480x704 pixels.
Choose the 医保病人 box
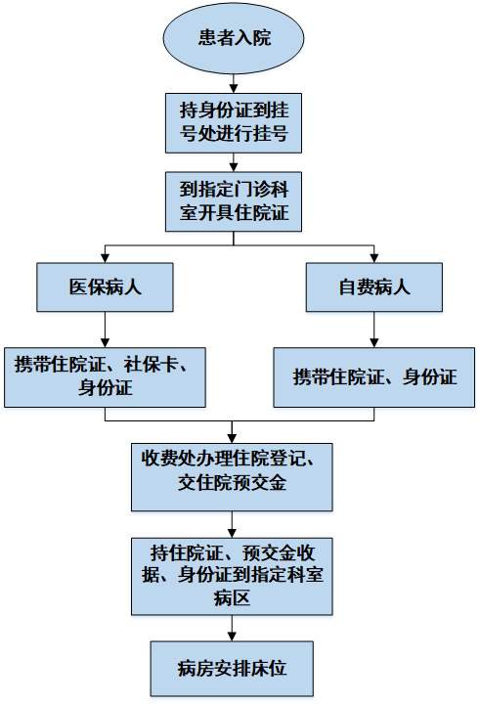coord(106,286)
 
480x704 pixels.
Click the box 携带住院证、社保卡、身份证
coord(106,376)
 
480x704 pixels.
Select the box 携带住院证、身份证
coord(374,376)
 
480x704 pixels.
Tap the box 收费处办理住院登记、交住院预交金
coord(233,474)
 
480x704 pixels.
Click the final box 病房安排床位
coord(233,669)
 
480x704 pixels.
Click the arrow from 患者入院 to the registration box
coord(234,80)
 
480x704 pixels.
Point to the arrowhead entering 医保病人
coord(106,257)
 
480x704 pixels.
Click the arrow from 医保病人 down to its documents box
coord(106,329)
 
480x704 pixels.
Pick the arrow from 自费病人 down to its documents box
coord(373,329)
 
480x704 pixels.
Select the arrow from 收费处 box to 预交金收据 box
coord(233,523)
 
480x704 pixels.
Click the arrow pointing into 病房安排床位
coord(233,628)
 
